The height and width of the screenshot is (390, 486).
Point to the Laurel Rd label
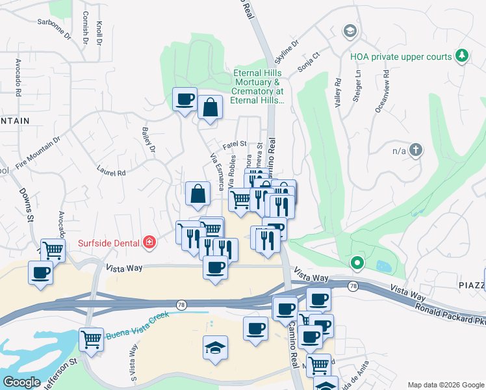(111, 173)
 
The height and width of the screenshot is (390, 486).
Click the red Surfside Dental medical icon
(149, 243)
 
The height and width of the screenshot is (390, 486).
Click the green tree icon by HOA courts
(462, 57)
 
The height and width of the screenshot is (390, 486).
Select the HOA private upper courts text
(400, 57)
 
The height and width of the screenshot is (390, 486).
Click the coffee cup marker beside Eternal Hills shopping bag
(185, 99)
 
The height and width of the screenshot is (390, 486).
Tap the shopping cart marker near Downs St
(53, 250)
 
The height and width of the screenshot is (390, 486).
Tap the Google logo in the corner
(21, 382)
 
